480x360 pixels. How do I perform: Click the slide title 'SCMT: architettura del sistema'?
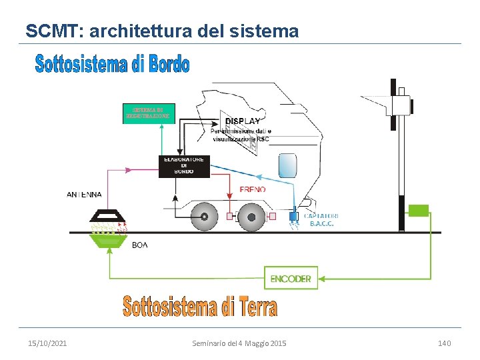162,31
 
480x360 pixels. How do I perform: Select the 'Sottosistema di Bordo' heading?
112,64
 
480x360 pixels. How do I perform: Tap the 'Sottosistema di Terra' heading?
199,307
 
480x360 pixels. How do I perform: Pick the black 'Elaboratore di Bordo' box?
184,166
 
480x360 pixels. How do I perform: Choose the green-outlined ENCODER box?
291,279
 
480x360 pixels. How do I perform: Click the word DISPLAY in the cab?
243,121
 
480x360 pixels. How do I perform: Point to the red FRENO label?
253,189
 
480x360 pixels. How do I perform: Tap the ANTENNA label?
85,195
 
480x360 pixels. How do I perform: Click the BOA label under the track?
140,245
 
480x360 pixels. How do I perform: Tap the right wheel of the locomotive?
249,215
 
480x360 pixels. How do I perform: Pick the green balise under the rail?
108,240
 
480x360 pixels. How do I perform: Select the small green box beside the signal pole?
418,210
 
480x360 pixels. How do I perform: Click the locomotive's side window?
287,165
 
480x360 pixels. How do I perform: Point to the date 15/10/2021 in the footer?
47,343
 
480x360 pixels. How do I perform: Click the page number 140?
444,343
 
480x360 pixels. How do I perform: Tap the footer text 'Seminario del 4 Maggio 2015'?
239,343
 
